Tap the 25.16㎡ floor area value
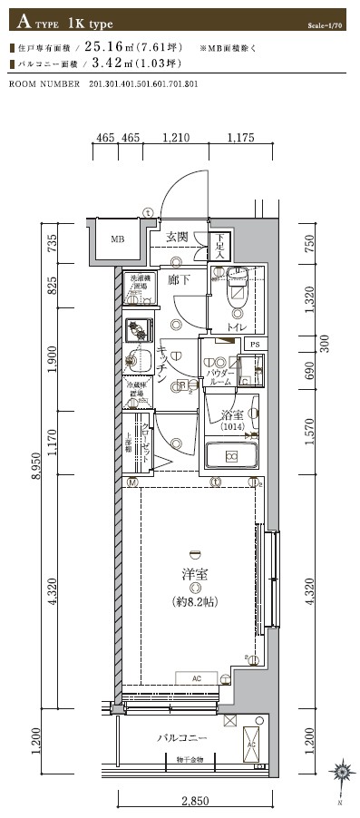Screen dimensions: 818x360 pyautogui.click(x=108, y=46)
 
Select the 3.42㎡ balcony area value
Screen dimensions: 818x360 pyautogui.click(x=108, y=63)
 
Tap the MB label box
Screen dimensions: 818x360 pyautogui.click(x=118, y=240)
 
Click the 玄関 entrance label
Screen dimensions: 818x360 pyautogui.click(x=177, y=238)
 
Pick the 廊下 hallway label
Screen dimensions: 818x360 pyautogui.click(x=180, y=280)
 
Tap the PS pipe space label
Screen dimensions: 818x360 pyautogui.click(x=255, y=345)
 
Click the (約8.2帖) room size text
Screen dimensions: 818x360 pyautogui.click(x=192, y=600)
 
